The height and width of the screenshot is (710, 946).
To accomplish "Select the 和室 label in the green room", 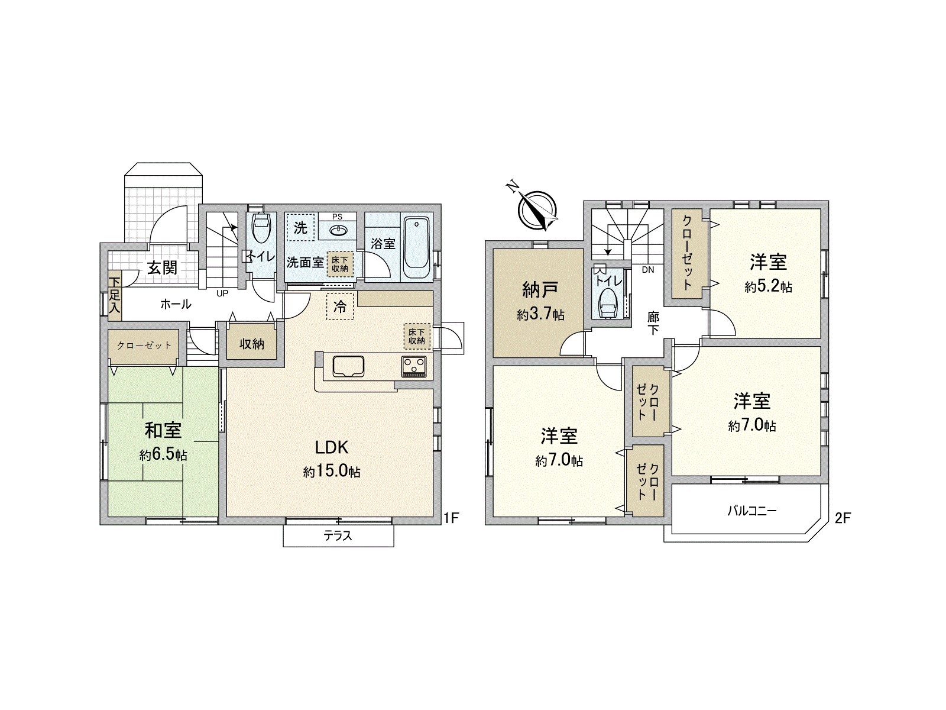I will tap(163, 430).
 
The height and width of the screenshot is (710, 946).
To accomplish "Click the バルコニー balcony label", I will tap(751, 511).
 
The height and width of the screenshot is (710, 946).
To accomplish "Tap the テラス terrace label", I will tap(338, 536).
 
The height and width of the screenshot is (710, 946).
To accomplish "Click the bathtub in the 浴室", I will tap(417, 248).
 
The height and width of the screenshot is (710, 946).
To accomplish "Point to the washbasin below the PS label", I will tap(338, 229).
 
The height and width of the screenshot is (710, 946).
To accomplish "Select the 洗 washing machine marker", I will tap(300, 227).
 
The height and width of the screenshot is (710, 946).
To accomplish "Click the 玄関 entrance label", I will tap(162, 268).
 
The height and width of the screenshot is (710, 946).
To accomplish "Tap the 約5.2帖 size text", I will tap(768, 287).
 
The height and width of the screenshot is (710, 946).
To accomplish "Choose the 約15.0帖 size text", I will tap(332, 472).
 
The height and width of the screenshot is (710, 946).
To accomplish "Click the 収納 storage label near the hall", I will tap(252, 343).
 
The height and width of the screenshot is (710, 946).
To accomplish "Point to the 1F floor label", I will tap(451, 518).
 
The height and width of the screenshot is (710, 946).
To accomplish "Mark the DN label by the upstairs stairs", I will tap(648, 270).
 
